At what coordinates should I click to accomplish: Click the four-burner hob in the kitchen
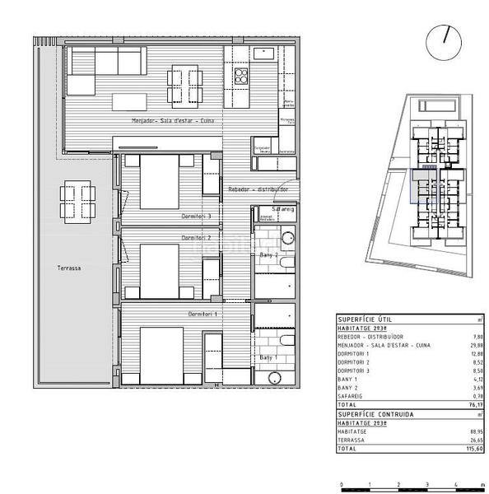pos(242,77)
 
